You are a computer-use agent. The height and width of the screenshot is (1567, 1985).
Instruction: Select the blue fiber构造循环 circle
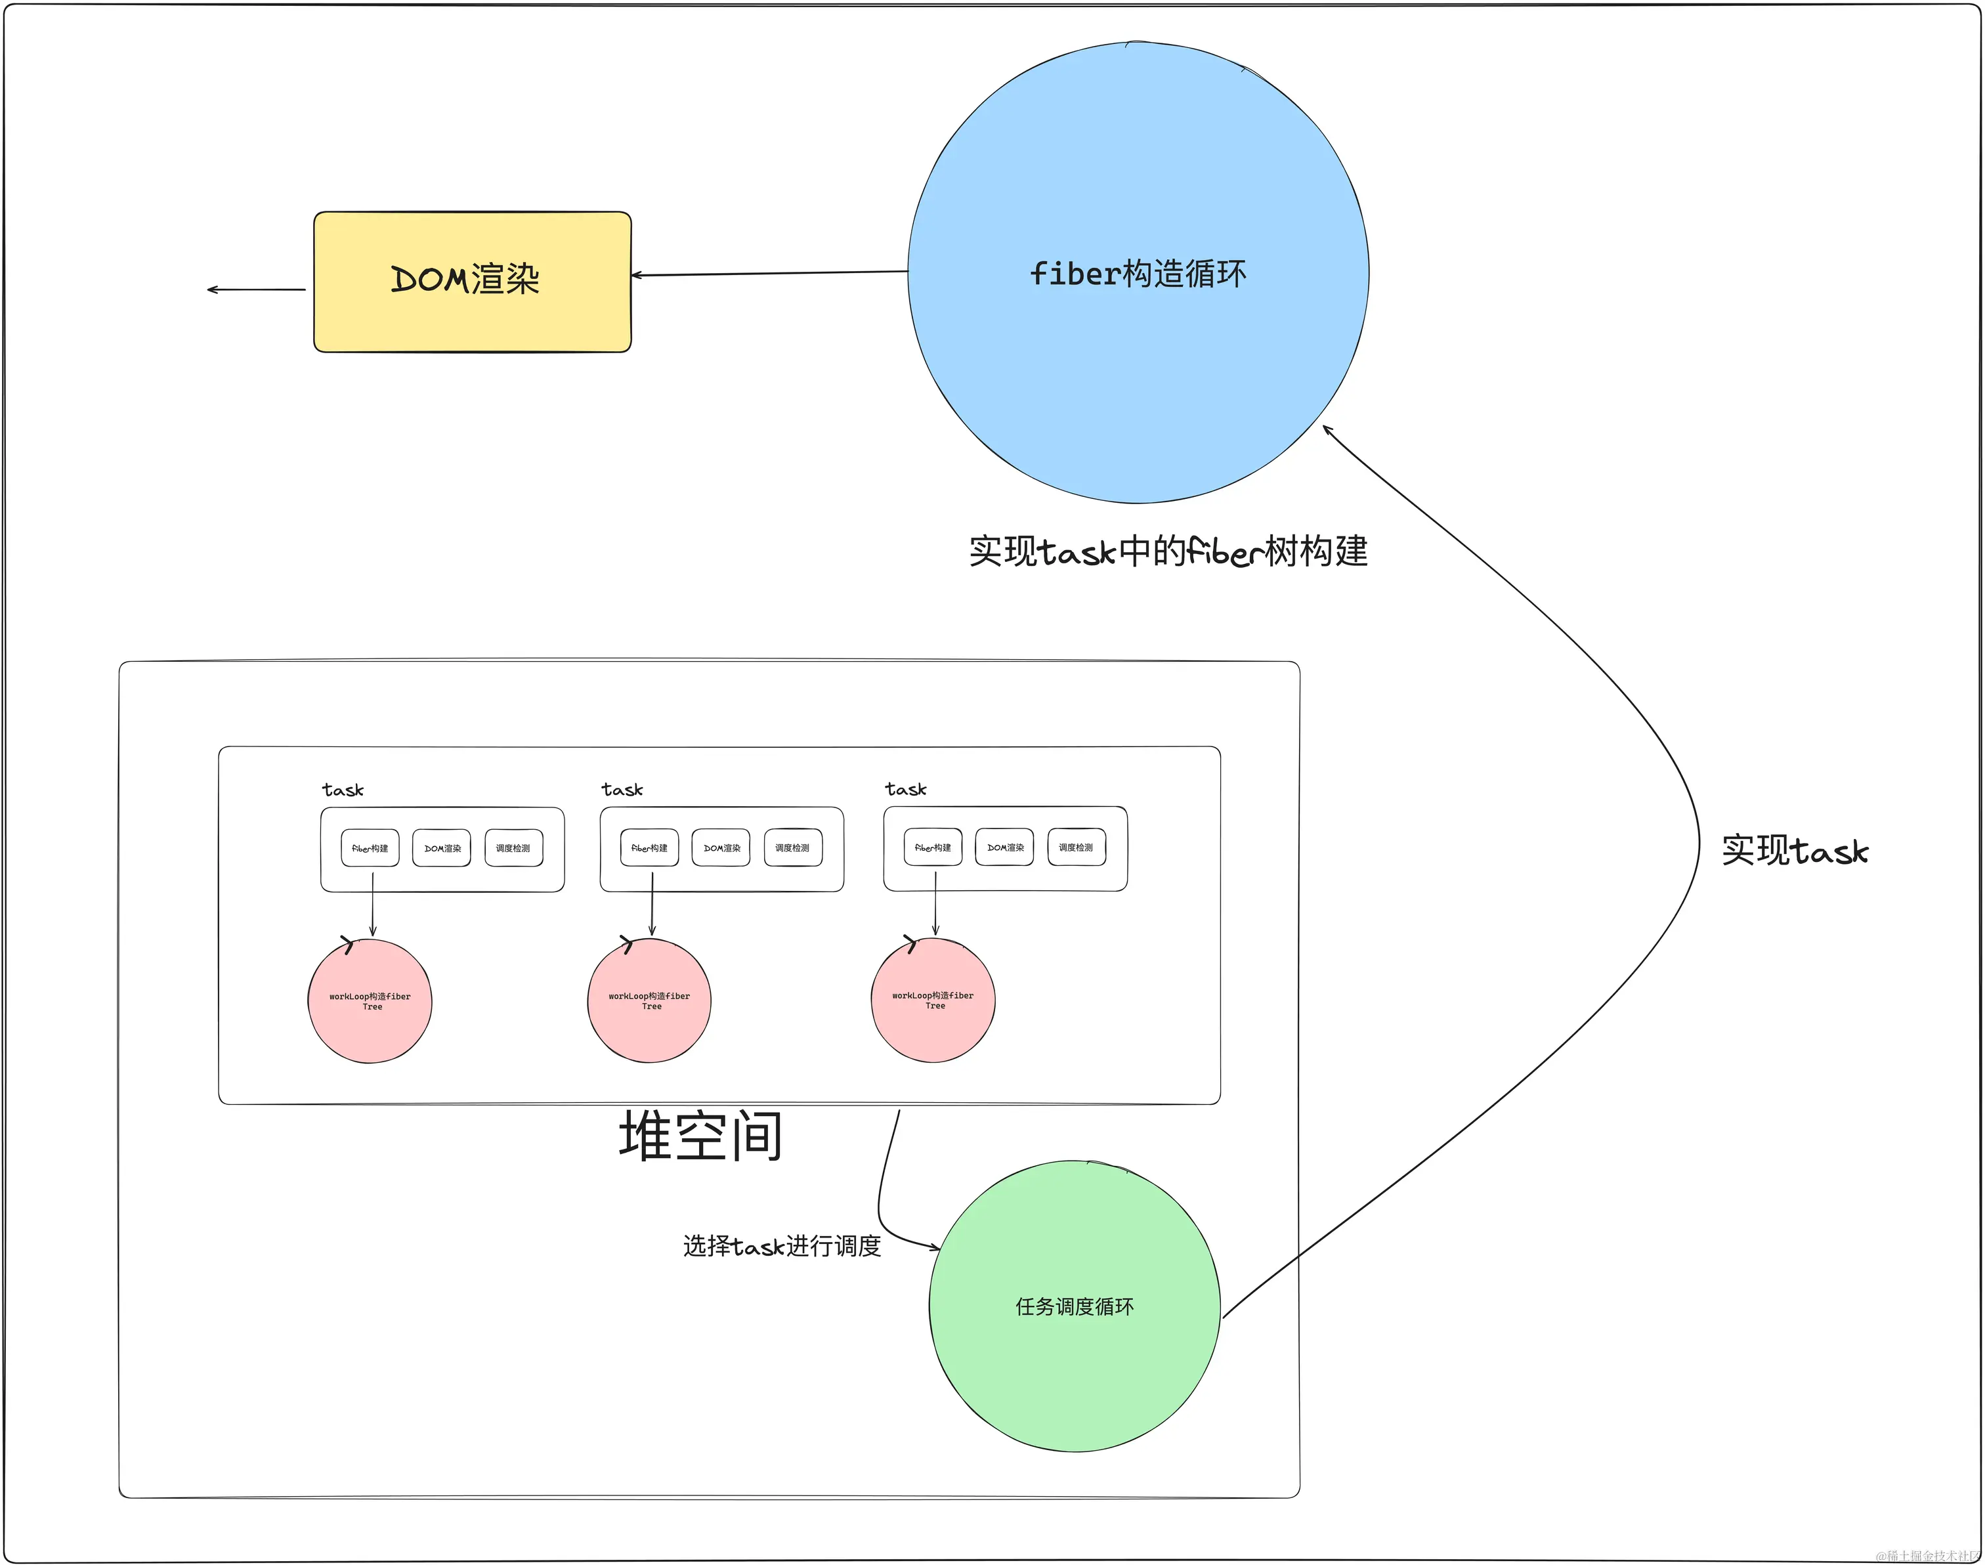pos(1138,272)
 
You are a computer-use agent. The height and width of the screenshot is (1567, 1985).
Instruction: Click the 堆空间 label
pos(701,1136)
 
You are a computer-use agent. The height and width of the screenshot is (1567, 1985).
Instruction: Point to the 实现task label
pos(1794,851)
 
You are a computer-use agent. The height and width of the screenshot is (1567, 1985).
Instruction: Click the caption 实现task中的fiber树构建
pos(1168,551)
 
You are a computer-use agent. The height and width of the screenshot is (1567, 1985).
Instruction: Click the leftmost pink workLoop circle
pos(370,1001)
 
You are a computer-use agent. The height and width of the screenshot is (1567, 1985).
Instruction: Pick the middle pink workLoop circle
pos(649,1000)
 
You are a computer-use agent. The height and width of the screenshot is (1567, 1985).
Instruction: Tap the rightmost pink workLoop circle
pos(933,999)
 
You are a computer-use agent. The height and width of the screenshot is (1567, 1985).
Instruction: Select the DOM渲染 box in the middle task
pos(721,848)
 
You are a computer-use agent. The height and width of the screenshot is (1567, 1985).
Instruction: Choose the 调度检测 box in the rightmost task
pos(1076,847)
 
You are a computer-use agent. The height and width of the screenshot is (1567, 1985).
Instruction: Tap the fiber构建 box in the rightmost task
pos(933,847)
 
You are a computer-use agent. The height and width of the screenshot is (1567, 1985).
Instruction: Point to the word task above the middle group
pos(622,789)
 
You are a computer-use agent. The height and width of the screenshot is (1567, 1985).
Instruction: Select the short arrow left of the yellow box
pos(256,290)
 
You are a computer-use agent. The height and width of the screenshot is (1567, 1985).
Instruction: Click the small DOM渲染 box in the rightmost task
pos(1004,847)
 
